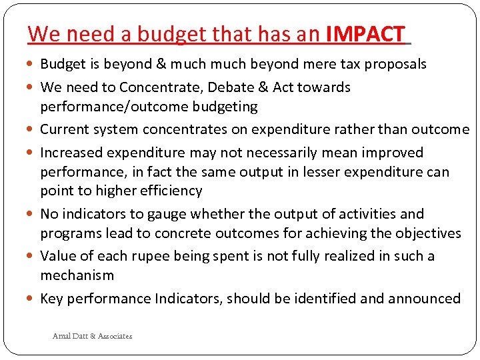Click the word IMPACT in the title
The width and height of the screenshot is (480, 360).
pyautogui.click(x=365, y=33)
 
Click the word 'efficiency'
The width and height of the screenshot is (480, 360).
pyautogui.click(x=172, y=191)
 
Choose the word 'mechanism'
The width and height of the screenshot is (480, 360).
pyautogui.click(x=77, y=275)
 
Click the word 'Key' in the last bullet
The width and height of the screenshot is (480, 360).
pyautogui.click(x=52, y=299)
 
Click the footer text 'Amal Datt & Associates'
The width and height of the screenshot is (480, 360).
pyautogui.click(x=92, y=336)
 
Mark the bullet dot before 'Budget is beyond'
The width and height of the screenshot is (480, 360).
pyautogui.click(x=33, y=65)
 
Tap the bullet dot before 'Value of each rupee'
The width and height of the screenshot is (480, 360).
pyautogui.click(x=33, y=257)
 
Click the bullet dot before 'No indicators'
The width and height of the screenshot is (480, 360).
pyautogui.click(x=33, y=215)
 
